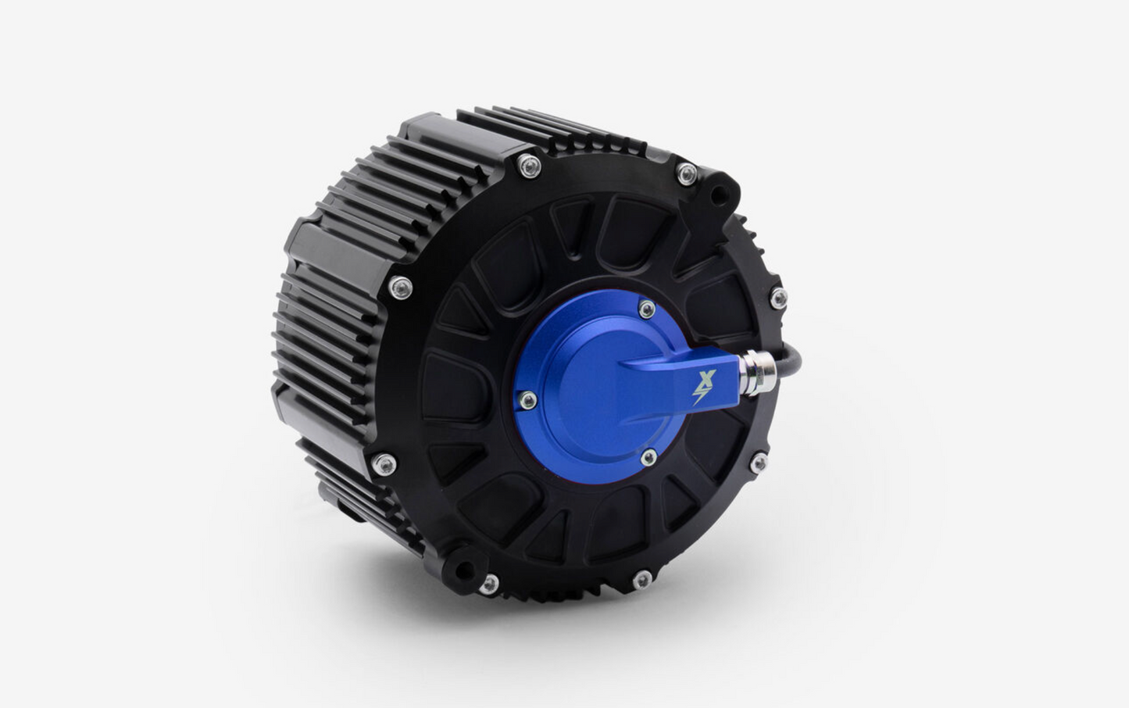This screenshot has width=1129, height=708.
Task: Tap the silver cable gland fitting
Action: [x=757, y=371]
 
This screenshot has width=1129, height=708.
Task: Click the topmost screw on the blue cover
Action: [x=647, y=309]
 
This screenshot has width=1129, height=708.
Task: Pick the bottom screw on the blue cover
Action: [x=648, y=456]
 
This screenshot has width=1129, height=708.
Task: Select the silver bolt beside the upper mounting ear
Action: [x=687, y=173]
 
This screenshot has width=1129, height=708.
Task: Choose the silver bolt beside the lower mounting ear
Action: [x=490, y=582]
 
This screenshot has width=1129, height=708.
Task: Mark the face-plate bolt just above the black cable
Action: [x=777, y=297]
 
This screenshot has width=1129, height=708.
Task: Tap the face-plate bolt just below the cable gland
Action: [x=758, y=463]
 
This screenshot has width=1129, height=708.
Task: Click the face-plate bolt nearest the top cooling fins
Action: [x=529, y=165]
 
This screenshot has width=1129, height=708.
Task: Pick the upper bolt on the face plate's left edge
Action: [x=401, y=287]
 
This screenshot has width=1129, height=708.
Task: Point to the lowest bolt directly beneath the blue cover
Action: [x=641, y=579]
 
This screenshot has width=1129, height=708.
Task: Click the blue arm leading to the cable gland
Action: [x=672, y=375]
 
